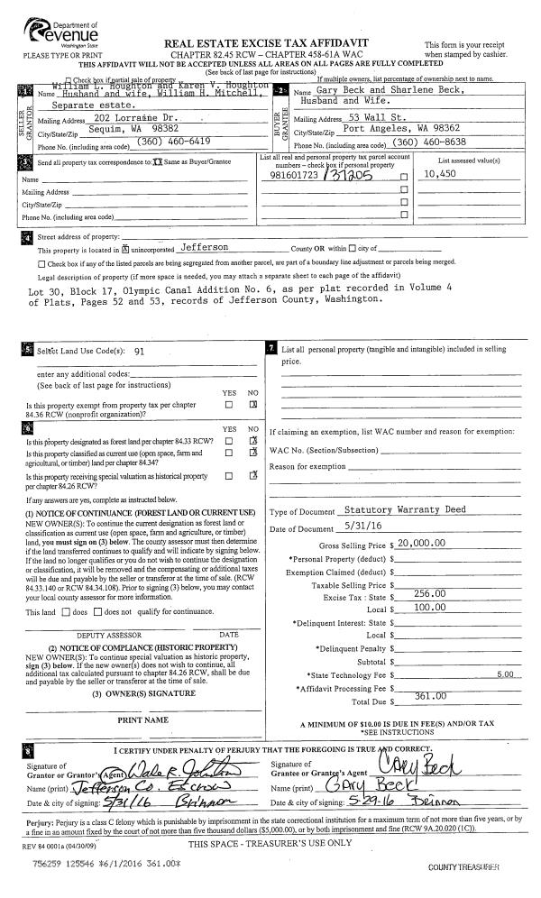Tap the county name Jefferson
(x=205, y=246)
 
